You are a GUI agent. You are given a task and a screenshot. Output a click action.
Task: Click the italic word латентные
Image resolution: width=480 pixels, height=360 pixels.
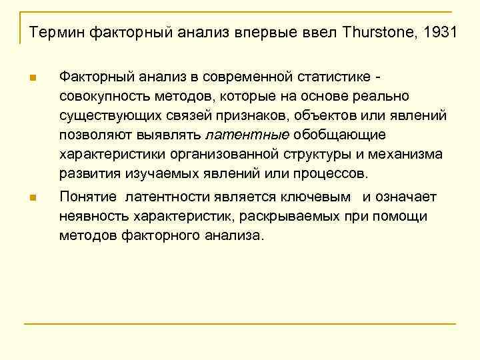(x=247, y=135)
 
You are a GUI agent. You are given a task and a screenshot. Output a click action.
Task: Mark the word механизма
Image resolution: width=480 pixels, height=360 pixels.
(x=405, y=155)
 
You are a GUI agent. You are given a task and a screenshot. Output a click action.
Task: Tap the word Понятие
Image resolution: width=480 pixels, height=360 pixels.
(x=88, y=197)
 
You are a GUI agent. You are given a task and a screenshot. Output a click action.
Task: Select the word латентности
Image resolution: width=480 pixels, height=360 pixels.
(x=167, y=197)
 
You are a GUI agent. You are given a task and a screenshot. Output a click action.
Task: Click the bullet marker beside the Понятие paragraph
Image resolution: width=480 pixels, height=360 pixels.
(x=33, y=197)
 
